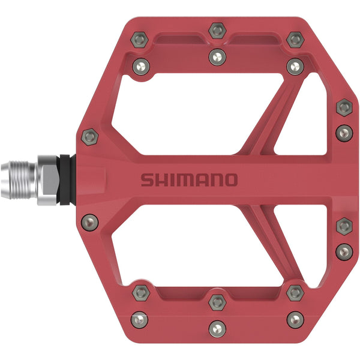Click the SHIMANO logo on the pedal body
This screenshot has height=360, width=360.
point(189,179)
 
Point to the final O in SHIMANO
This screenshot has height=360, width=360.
point(230,179)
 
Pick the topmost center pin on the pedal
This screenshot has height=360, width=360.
point(217,30)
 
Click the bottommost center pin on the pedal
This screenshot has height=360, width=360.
point(217,329)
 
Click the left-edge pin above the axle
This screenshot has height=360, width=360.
point(89,137)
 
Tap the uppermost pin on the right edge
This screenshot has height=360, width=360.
point(343,107)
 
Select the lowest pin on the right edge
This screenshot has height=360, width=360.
point(343,251)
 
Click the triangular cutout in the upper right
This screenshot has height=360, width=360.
point(300,126)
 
